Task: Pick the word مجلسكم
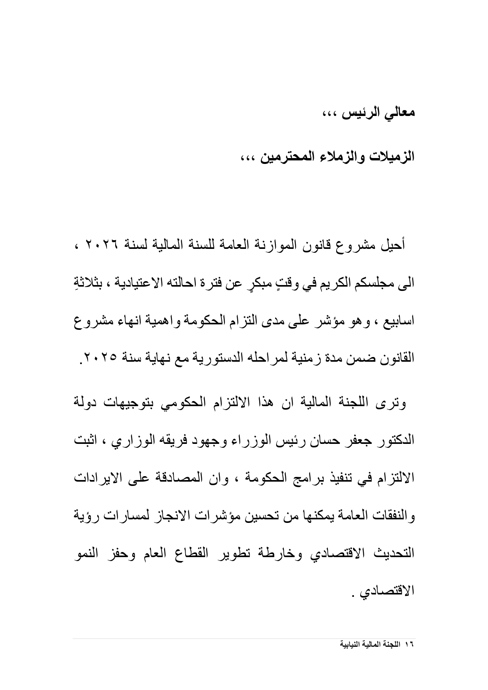[368, 283]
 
